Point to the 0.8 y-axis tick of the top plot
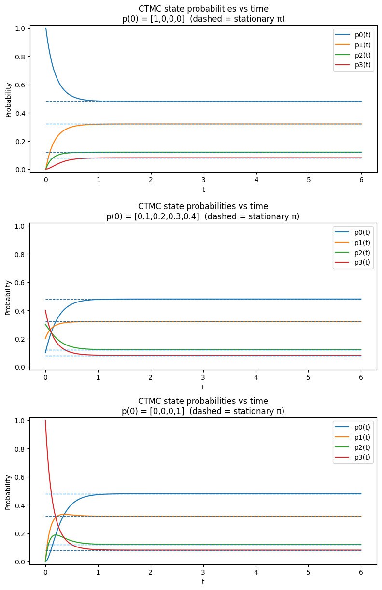tap(19, 57)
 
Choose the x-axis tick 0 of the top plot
tap(45, 178)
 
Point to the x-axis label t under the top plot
tap(203, 189)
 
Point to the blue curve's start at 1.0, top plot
tap(46, 28)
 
